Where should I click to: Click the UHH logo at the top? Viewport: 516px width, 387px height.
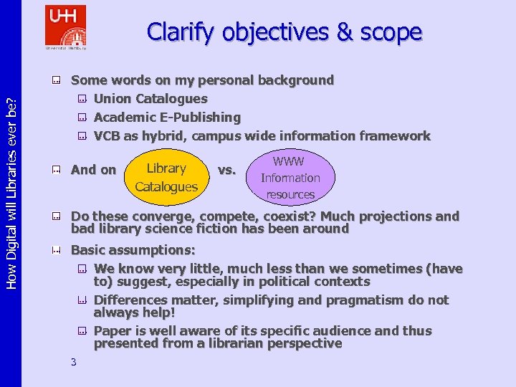(65, 27)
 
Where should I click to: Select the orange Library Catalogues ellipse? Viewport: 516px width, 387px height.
(166, 177)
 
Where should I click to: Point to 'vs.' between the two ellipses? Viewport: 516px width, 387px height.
(226, 170)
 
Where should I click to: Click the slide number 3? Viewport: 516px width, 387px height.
(74, 362)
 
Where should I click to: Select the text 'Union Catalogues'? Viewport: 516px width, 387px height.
(150, 99)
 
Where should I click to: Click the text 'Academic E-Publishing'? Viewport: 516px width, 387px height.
(167, 117)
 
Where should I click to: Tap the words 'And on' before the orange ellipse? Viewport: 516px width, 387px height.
(93, 170)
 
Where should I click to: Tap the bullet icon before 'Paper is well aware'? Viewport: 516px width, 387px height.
(82, 331)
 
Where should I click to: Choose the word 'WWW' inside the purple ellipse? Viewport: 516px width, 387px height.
(289, 162)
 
